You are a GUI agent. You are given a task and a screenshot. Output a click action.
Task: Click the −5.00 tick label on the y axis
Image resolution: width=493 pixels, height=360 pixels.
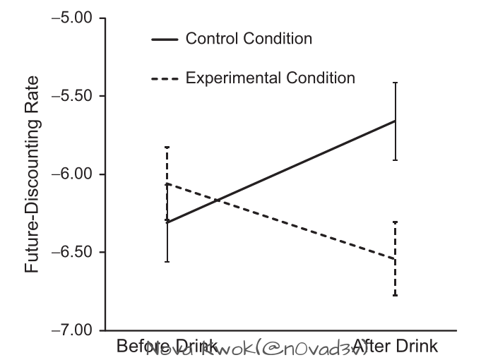coord(73,18)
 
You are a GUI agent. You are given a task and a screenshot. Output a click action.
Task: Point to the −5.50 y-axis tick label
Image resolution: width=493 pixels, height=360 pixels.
coord(73,96)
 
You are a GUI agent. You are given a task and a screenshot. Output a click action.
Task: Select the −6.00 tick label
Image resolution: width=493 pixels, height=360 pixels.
coord(73,174)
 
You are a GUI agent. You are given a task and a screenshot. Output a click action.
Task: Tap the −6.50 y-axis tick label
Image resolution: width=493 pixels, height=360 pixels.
coord(73,252)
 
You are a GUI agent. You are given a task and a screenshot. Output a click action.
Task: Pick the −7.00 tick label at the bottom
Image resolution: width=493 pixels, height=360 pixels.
coord(73,330)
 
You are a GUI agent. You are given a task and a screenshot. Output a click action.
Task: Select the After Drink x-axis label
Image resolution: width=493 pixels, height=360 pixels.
coord(396,347)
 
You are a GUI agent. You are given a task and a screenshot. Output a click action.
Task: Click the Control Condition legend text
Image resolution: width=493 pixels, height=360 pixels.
coord(249,39)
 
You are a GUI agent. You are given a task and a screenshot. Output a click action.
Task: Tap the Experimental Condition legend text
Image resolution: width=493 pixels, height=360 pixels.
coord(271,77)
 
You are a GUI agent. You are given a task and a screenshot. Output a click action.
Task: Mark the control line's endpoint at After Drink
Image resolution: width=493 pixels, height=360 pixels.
coord(395,121)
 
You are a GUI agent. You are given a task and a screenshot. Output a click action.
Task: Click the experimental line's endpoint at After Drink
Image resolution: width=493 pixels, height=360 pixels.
coord(395,259)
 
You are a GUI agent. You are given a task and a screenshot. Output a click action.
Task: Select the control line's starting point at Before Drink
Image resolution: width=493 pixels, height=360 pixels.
coord(167,222)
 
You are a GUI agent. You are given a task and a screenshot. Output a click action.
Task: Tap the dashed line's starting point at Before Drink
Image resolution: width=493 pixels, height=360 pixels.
coord(167,184)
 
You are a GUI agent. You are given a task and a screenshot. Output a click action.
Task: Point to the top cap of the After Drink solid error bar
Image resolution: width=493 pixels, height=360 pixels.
coord(395,83)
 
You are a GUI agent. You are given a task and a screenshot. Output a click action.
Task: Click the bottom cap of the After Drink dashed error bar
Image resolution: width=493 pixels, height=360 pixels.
coord(395,295)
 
